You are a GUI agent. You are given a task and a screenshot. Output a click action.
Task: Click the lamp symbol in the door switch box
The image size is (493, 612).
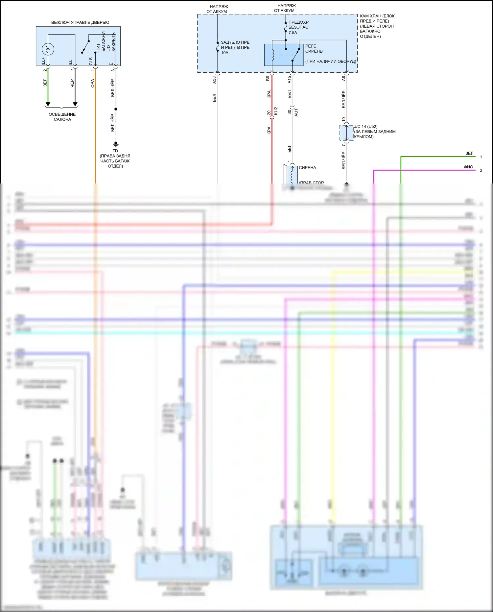(48, 49)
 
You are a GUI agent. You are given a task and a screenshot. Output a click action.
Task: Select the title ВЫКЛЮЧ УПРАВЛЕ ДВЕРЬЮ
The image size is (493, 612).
(80, 22)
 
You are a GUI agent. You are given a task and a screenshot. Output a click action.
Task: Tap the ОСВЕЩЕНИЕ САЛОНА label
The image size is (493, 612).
(62, 117)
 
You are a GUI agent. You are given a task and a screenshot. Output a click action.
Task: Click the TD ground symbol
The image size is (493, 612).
(116, 144)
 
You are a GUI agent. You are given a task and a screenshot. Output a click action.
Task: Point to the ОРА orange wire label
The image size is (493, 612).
(92, 83)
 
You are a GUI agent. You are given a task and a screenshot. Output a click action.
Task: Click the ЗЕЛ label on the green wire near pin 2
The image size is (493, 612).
(45, 83)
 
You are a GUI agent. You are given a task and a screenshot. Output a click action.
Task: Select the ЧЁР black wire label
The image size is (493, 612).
(72, 83)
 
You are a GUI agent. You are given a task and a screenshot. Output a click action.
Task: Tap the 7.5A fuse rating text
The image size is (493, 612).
(293, 33)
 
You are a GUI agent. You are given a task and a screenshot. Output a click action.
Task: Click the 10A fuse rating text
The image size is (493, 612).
(224, 53)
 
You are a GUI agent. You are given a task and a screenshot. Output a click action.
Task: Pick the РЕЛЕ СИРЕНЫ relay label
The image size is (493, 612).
(314, 49)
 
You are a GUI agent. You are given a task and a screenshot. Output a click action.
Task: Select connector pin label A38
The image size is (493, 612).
(214, 80)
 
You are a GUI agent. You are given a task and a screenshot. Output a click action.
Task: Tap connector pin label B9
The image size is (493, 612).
(268, 78)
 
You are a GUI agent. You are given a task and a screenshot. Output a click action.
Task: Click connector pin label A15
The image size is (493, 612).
(289, 80)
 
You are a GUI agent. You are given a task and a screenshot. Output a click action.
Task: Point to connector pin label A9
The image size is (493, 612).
(343, 78)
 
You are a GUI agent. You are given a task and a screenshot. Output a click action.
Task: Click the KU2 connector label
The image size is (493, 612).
(276, 111)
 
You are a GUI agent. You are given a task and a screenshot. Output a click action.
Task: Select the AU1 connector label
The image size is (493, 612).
(296, 112)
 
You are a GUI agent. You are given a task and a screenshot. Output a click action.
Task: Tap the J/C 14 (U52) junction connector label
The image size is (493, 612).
(366, 127)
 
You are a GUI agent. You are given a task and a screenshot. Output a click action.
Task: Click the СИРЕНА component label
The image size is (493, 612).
(307, 168)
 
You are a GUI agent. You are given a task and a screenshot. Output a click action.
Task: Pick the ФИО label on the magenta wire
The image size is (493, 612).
(468, 167)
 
